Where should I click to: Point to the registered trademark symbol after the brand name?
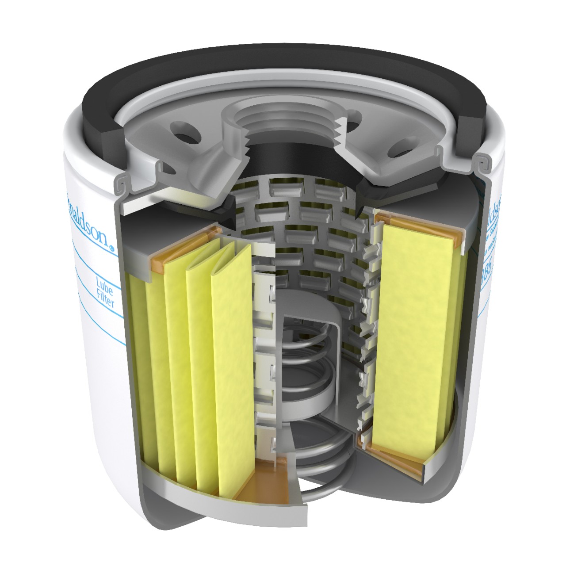[x=111, y=249]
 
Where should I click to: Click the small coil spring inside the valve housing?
[x=305, y=354]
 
